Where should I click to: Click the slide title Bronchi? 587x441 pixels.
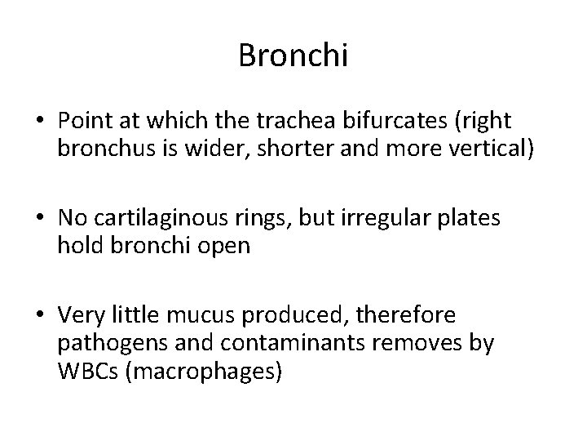(293, 56)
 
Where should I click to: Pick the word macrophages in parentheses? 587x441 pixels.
(210, 372)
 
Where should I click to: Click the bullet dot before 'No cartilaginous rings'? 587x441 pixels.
(38, 219)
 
